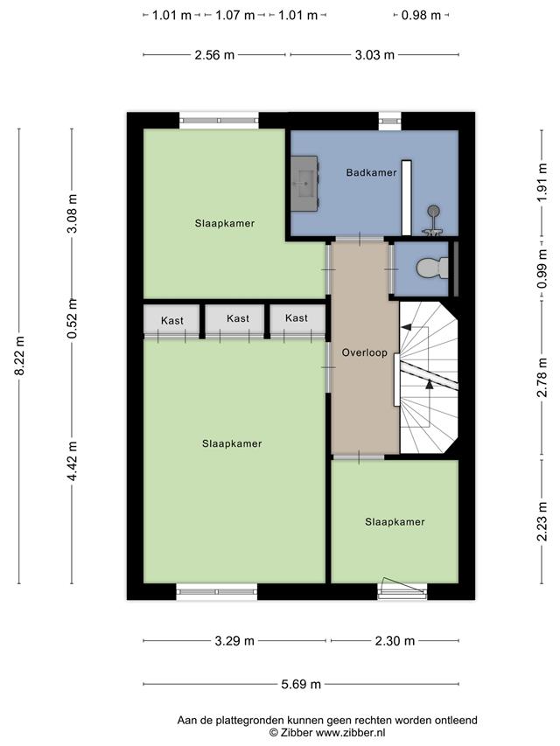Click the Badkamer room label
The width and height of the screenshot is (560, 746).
[x=371, y=172]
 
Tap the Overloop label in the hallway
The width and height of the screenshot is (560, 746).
[x=364, y=353]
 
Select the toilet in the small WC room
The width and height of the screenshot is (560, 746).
[x=432, y=268]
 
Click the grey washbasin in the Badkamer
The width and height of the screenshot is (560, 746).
[x=304, y=183]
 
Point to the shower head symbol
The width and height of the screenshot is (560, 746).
[x=433, y=210]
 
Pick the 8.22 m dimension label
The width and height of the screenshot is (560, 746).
[x=19, y=355]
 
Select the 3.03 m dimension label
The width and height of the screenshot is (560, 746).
[x=374, y=55]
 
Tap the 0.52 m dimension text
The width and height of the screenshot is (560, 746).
[x=73, y=318]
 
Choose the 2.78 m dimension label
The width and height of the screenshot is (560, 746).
[x=542, y=376]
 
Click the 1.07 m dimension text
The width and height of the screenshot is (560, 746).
[x=234, y=15]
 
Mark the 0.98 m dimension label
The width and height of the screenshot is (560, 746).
[x=421, y=15]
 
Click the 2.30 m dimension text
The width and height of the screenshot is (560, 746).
[x=395, y=641]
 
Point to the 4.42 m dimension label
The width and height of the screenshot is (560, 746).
[x=73, y=461]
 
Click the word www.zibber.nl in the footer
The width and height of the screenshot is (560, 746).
[x=351, y=733]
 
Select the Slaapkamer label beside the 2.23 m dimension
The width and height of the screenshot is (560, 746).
[x=395, y=522]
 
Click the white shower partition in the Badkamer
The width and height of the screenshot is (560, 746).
[x=406, y=198]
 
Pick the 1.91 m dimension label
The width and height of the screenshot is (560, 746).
[x=542, y=183]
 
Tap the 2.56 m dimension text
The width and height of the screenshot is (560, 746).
[x=214, y=55]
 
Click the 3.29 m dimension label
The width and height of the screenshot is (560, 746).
[x=234, y=641]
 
